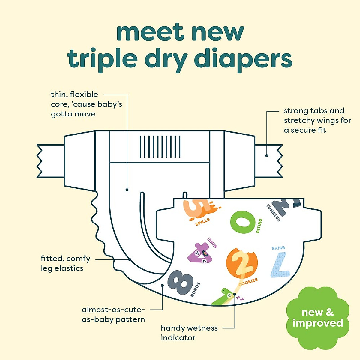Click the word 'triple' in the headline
(x=102, y=59)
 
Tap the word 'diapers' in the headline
(x=243, y=59)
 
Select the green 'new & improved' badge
(x=318, y=318)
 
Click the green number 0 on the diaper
(x=243, y=222)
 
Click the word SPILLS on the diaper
(x=202, y=222)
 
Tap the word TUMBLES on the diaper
(x=273, y=213)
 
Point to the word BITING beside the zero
(x=259, y=226)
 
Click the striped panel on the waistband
(x=160, y=146)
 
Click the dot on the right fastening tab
(x=267, y=155)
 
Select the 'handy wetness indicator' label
(x=189, y=333)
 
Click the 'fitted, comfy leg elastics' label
(x=65, y=263)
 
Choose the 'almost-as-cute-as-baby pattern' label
(x=113, y=314)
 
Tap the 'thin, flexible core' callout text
(x=86, y=104)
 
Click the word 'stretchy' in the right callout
(x=300, y=120)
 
